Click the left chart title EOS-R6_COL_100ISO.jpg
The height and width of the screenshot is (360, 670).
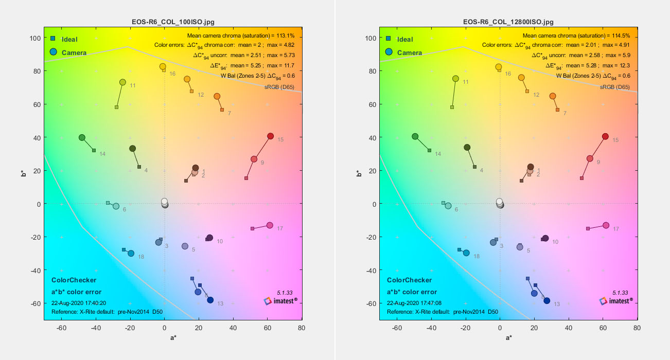(173, 22)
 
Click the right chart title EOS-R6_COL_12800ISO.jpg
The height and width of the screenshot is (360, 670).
(508, 22)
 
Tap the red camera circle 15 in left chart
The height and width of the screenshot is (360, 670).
(270, 136)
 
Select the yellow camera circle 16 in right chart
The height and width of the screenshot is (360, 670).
(498, 67)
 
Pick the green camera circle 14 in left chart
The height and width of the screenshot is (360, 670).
(82, 138)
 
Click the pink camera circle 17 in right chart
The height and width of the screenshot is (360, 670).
(606, 225)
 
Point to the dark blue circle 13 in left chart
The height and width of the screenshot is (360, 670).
(210, 300)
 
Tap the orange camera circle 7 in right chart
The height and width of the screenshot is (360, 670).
(553, 96)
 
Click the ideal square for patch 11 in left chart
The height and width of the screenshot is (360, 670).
(116, 107)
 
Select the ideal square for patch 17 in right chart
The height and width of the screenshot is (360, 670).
(588, 228)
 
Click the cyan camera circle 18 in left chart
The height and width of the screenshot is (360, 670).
(131, 254)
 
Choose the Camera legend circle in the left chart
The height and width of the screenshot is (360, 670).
(54, 52)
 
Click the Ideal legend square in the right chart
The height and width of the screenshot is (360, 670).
(389, 39)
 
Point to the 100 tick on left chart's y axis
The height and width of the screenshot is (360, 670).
(34, 38)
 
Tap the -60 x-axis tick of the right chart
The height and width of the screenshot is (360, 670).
(397, 327)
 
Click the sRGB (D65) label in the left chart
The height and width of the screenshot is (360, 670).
(281, 87)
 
